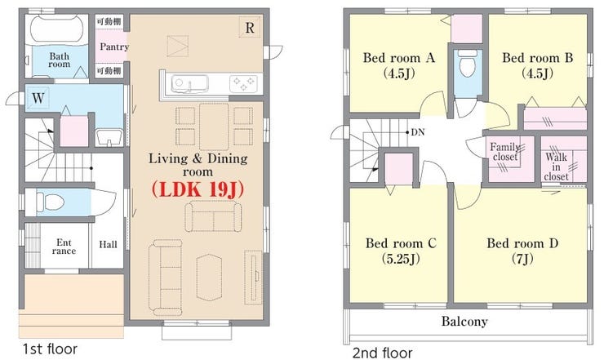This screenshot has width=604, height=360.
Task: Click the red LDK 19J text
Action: (198, 189)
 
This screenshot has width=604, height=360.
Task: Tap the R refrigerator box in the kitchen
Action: (250, 28)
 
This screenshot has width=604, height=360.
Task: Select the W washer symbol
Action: (38, 98)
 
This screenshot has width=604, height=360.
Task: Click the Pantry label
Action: (114, 47)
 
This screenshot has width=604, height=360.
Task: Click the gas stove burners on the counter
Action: (244, 84)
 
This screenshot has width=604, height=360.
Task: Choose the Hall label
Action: (108, 244)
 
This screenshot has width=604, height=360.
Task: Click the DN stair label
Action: (418, 132)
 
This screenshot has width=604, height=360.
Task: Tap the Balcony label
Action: (464, 321)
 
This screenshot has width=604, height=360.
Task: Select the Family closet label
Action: (505, 152)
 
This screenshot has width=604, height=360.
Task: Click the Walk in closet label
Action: (556, 167)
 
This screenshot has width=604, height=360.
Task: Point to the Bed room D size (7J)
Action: (522, 258)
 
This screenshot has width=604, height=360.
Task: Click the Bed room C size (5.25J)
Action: (401, 258)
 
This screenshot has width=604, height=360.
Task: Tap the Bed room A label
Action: (399, 58)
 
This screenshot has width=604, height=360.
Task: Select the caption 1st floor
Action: (50, 349)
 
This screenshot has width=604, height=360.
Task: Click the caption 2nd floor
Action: (383, 353)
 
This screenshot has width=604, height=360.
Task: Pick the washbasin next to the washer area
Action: (109, 138)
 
